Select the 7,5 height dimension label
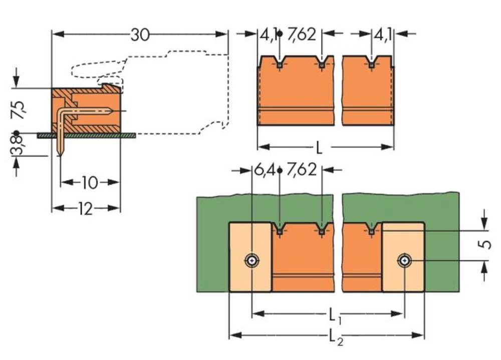pos(19,110)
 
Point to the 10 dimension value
pos(89,183)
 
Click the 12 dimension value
pos(85,209)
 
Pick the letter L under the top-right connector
pos(319,148)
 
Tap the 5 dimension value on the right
pos(483,246)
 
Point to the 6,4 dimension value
pos(264,170)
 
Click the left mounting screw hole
pos(251,260)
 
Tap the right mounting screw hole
pos(403,260)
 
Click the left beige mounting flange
pos(250,257)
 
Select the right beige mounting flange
pos(403,257)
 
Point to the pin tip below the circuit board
pos(60,154)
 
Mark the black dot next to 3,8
pos(17,134)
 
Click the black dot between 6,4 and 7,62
pos(279,170)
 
